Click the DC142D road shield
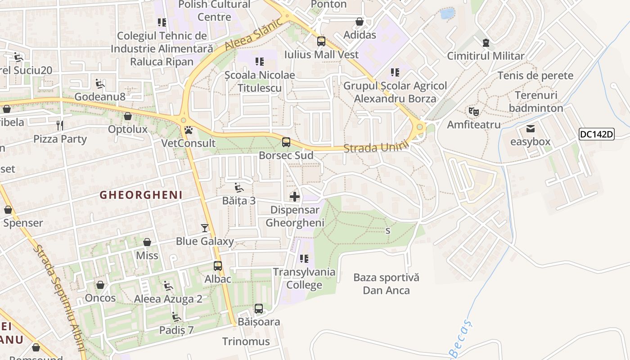click(x=596, y=134)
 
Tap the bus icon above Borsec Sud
click(x=286, y=143)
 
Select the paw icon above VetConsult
click(x=189, y=130)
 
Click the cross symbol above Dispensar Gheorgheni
click(x=295, y=197)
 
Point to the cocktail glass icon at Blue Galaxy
click(x=205, y=228)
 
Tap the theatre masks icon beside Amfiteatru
click(x=473, y=111)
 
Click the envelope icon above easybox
click(x=531, y=129)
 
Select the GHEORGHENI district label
click(x=141, y=195)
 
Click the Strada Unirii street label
click(x=376, y=147)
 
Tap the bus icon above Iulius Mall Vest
click(x=321, y=41)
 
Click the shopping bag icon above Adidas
click(x=360, y=22)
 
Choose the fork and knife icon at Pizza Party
click(x=60, y=125)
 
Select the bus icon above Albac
click(x=218, y=266)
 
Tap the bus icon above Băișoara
click(x=259, y=309)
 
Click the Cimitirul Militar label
click(x=486, y=56)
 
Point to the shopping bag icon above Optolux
click(x=128, y=116)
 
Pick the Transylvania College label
click(x=304, y=279)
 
